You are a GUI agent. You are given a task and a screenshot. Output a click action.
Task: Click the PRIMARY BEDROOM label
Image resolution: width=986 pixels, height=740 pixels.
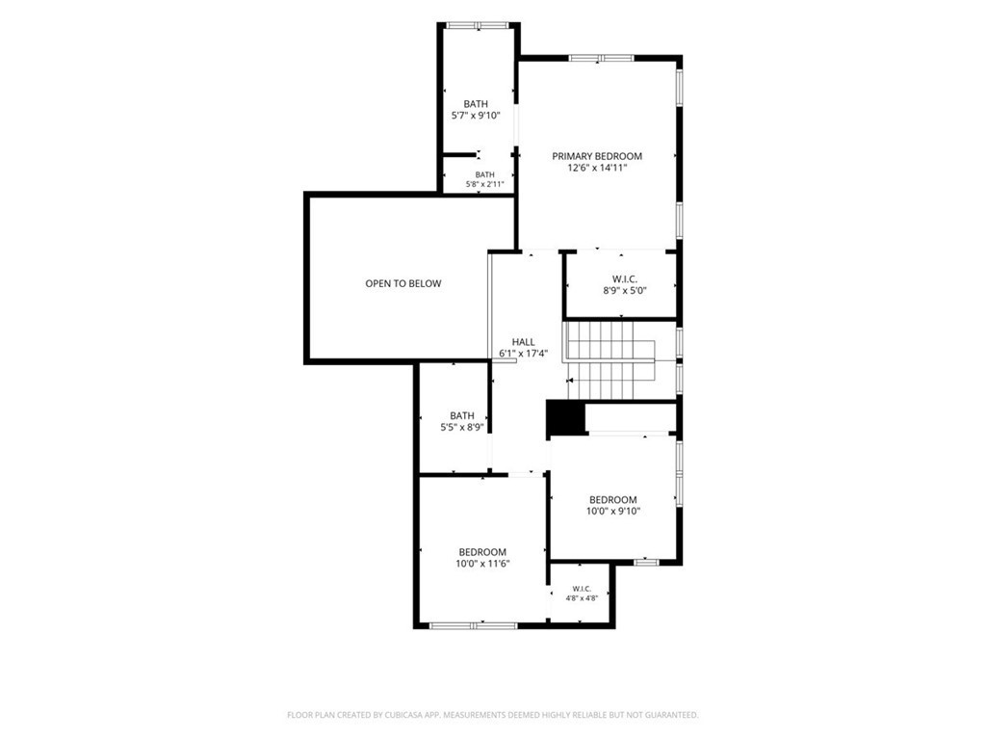click(597, 156)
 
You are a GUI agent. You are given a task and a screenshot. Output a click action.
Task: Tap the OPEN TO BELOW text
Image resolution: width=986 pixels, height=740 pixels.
click(403, 284)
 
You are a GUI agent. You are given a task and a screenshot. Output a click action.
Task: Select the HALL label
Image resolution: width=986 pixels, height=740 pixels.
click(523, 342)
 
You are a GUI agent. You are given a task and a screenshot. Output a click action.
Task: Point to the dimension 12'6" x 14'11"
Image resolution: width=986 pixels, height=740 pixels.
click(597, 168)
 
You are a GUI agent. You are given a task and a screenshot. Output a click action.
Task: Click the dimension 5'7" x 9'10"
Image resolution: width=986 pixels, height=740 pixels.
click(476, 116)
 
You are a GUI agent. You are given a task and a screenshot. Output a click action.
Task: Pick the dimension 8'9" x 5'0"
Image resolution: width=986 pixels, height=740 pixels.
click(625, 291)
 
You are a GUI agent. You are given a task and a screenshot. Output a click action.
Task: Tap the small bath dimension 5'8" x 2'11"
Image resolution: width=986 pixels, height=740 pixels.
click(485, 184)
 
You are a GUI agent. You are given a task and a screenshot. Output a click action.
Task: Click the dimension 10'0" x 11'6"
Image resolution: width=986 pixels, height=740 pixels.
click(482, 564)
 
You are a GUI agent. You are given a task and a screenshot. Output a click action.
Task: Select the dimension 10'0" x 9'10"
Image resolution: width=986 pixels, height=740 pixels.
click(613, 512)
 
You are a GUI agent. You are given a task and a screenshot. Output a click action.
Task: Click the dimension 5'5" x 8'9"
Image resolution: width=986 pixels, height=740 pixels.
click(461, 427)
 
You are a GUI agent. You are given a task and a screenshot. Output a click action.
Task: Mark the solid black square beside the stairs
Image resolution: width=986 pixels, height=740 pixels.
click(565, 418)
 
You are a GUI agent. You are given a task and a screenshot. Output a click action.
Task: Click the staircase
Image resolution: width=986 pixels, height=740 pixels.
click(611, 360)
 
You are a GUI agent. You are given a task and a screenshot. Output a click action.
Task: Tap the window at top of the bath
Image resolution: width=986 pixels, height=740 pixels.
click(478, 26)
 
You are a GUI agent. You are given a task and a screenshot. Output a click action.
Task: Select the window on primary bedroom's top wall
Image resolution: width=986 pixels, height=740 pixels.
click(601, 58)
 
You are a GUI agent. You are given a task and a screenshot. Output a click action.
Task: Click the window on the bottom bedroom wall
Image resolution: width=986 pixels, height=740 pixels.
click(474, 625)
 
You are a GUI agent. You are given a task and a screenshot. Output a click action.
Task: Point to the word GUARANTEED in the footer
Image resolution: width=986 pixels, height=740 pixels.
click(672, 715)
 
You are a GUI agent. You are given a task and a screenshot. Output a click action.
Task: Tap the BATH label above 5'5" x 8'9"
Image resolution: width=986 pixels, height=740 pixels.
click(462, 416)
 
